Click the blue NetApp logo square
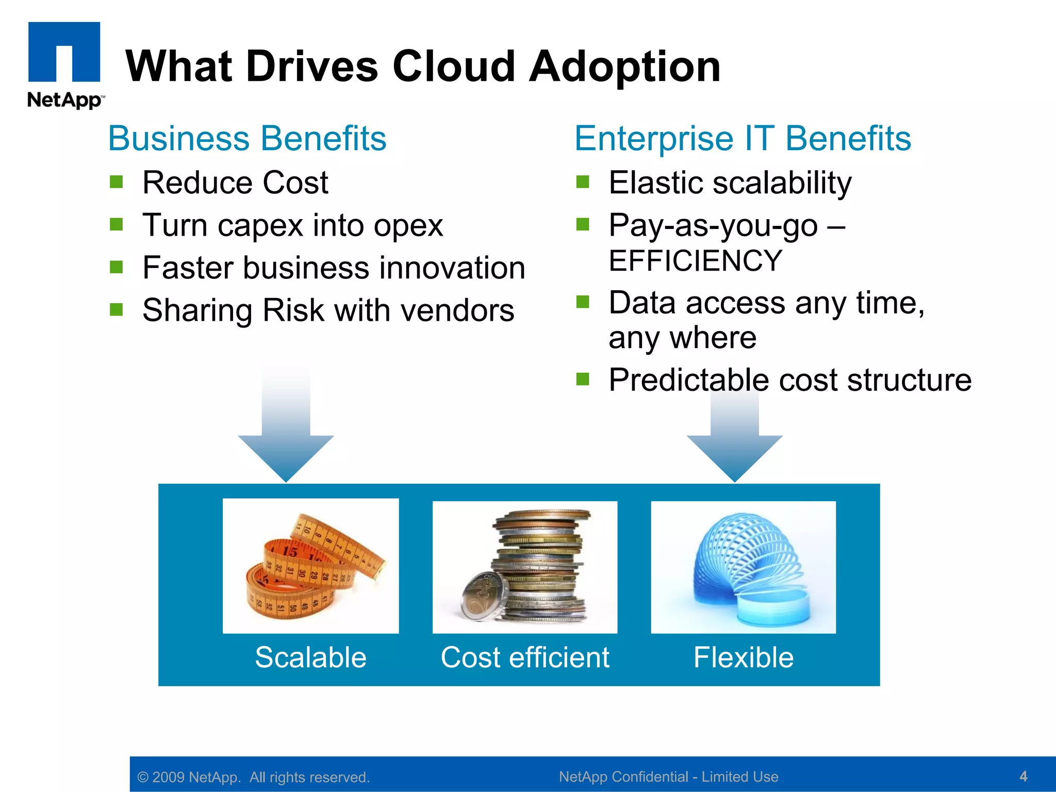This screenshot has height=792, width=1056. click(x=64, y=51)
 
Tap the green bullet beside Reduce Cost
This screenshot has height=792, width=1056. click(x=117, y=182)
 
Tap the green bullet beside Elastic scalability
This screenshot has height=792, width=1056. click(x=583, y=182)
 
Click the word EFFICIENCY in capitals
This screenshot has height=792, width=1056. click(x=695, y=260)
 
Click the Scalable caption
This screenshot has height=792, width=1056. click(x=310, y=657)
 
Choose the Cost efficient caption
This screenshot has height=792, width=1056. click(x=525, y=657)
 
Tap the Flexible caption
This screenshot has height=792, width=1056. click(x=743, y=657)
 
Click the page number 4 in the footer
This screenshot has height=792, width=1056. click(x=1024, y=776)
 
